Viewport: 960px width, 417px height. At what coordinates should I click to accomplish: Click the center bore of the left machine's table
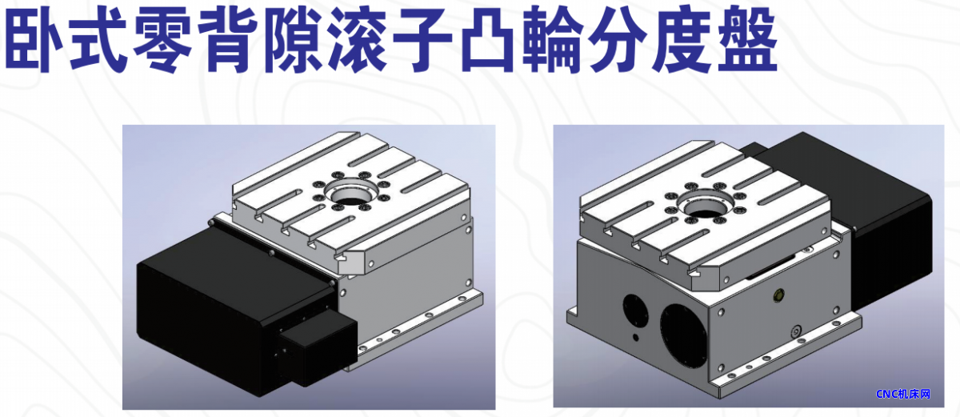[x=351, y=192]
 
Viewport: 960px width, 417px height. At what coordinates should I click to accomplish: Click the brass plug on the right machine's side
[x=778, y=295]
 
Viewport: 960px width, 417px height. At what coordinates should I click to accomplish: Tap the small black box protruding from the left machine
[x=318, y=348]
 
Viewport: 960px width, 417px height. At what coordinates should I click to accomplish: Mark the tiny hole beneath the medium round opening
[x=635, y=338]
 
